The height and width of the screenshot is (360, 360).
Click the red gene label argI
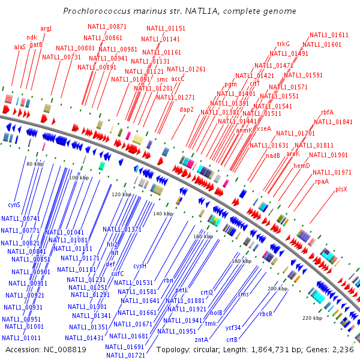46,28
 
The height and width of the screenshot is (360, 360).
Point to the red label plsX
341,189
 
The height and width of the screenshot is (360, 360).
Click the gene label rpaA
322,181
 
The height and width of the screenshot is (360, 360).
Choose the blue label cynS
14,205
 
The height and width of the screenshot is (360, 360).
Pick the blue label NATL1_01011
23,338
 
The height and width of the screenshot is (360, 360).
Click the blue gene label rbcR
266,314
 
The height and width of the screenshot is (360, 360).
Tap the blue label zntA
201,340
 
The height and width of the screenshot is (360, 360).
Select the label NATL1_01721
125,355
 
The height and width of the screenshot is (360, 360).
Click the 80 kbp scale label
35,163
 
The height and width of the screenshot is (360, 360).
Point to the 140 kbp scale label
163,214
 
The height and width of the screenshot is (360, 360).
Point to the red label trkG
283,44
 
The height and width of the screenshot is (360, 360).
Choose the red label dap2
187,109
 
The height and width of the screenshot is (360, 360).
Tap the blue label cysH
140,266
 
